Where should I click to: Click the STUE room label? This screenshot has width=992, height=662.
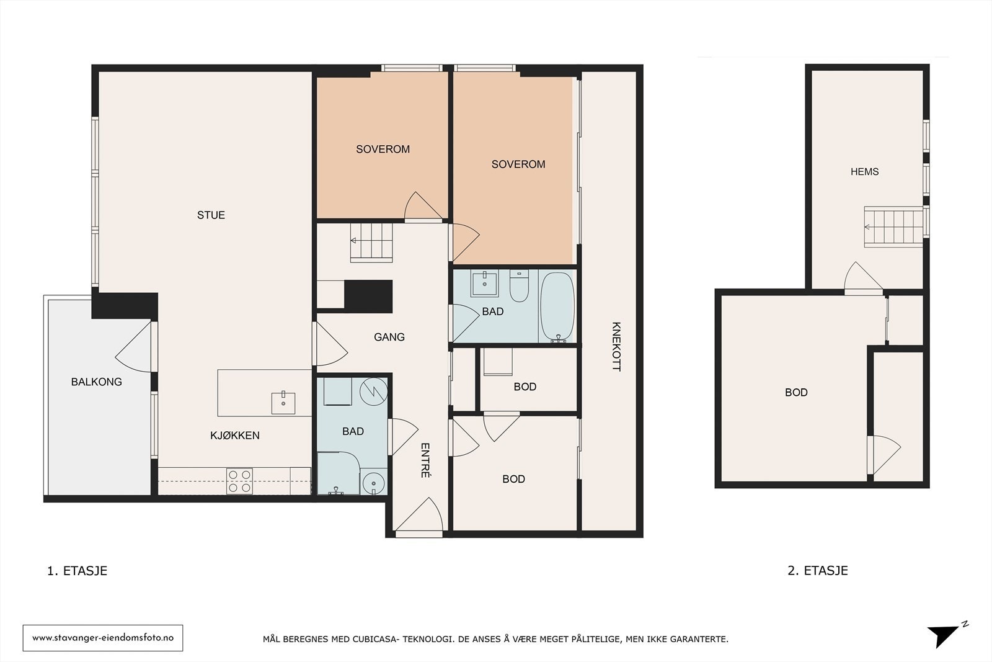coord(211,215)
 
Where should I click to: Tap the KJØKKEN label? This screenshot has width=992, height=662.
coord(235,436)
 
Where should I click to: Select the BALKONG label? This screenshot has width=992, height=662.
coord(97,382)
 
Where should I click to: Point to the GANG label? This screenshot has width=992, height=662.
coord(389,337)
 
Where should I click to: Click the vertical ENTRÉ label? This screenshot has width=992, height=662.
coord(425,460)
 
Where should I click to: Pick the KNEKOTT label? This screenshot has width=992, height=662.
coord(616,346)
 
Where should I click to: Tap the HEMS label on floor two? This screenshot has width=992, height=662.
coord(864,172)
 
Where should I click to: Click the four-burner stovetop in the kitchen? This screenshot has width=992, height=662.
coord(239,481)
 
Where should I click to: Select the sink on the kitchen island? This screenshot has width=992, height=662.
coord(283,403)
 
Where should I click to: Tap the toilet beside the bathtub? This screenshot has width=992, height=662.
coord(520,286)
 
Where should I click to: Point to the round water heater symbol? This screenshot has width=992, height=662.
coord(373,391)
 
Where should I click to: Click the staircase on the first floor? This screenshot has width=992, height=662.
coord(371,243)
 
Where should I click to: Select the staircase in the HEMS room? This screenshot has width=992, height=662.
coord(893,226)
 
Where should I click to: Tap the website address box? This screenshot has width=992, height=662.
coord(103,638)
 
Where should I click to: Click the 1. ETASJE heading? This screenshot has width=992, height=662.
coord(77,571)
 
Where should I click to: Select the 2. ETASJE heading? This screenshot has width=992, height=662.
coord(818,570)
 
